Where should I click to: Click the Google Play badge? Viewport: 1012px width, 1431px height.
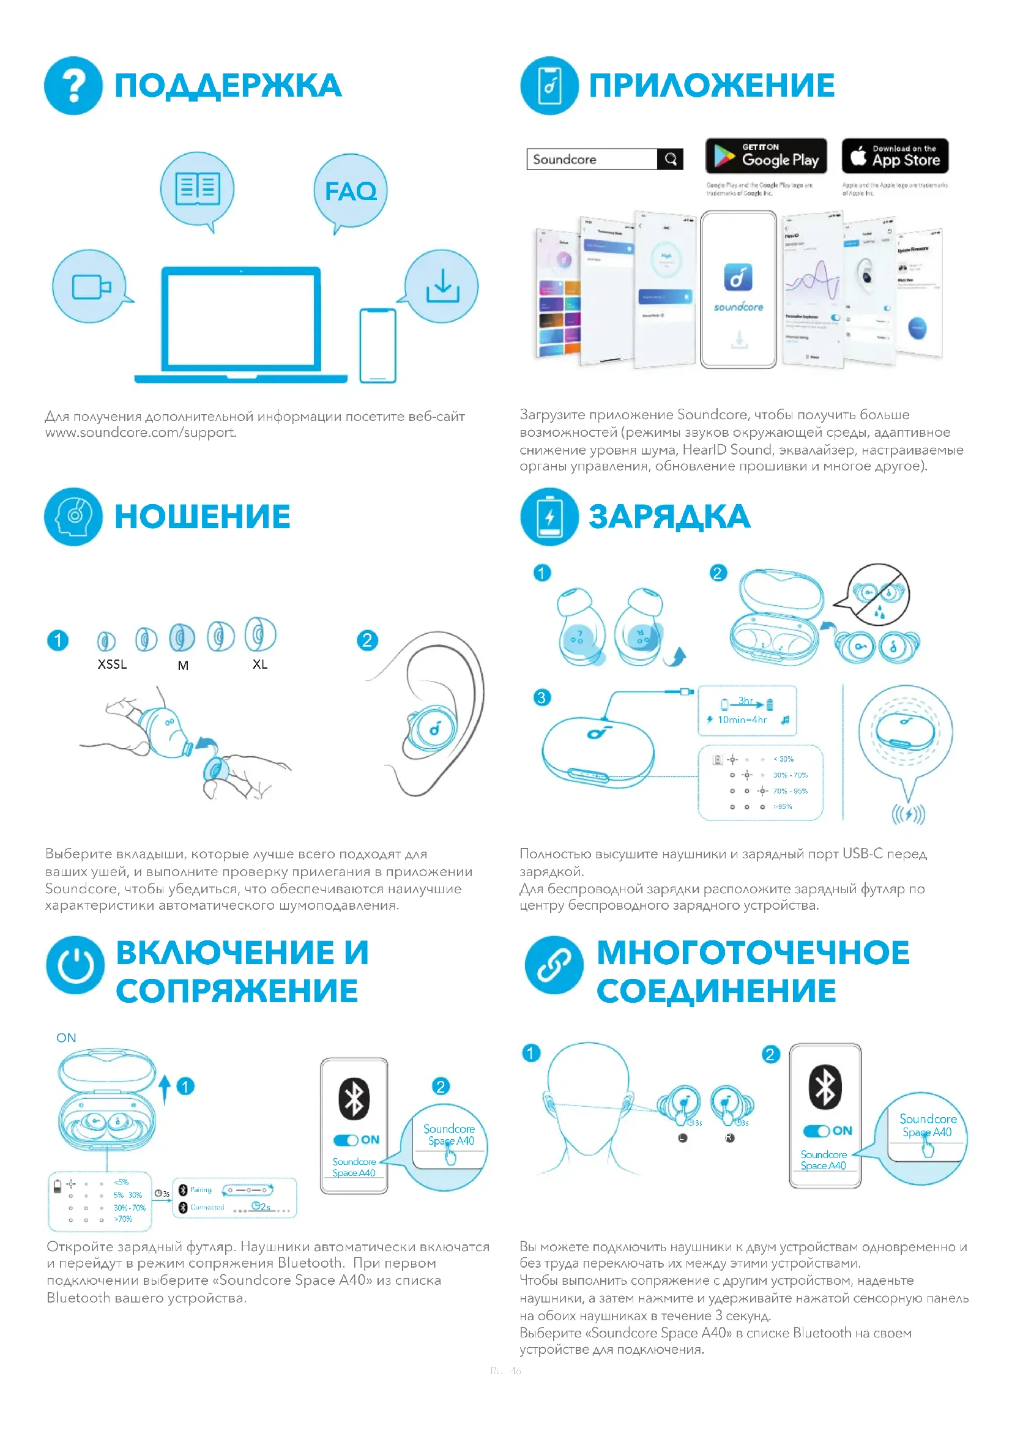[766, 156]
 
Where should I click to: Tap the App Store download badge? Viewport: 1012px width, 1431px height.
[895, 156]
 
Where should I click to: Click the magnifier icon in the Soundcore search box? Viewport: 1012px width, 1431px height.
[671, 159]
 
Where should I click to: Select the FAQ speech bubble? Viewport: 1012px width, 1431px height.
[351, 191]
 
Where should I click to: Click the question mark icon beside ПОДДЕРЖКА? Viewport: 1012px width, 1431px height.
[73, 86]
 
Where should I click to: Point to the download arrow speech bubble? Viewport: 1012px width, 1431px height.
[442, 286]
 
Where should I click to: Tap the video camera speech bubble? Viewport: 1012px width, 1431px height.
[91, 287]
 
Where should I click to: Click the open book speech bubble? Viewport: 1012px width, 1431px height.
[198, 189]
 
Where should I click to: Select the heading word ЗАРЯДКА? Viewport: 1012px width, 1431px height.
[669, 518]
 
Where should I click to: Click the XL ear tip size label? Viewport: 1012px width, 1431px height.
[260, 664]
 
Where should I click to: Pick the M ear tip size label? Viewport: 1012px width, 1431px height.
[183, 666]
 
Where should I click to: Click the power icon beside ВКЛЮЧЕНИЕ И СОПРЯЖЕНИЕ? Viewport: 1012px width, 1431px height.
[75, 965]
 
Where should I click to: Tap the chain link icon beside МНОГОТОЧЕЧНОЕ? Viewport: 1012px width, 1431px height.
[554, 965]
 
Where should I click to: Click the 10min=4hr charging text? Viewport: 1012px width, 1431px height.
[742, 720]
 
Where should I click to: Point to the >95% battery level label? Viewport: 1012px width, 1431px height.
[783, 806]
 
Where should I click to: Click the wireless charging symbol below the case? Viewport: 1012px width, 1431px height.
[908, 814]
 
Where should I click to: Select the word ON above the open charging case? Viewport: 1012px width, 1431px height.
[66, 1038]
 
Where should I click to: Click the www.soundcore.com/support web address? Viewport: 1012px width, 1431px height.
[141, 433]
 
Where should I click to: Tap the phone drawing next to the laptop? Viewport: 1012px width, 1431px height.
[378, 345]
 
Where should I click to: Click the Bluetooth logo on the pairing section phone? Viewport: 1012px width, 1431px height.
[354, 1098]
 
